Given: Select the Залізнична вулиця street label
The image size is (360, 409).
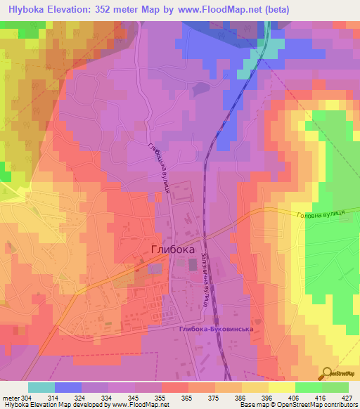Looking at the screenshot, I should click(204, 279).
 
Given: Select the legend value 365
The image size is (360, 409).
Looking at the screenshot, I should click(188, 398).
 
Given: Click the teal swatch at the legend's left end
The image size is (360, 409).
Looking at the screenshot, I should click(41, 387).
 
